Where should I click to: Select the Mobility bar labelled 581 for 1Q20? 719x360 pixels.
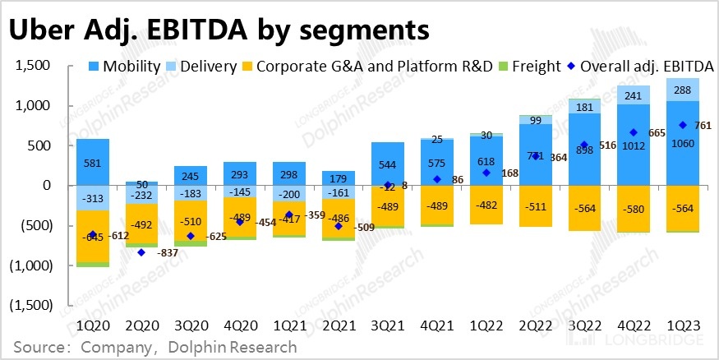[x=93, y=162]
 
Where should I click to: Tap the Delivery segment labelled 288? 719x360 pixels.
[x=681, y=90]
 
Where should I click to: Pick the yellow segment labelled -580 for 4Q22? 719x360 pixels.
[x=633, y=208]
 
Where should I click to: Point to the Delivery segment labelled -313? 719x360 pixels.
[x=93, y=198]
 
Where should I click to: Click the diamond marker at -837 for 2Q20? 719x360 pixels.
[x=141, y=252]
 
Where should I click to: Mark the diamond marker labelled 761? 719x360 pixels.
[x=681, y=125]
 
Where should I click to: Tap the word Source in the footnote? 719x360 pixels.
[x=40, y=348]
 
